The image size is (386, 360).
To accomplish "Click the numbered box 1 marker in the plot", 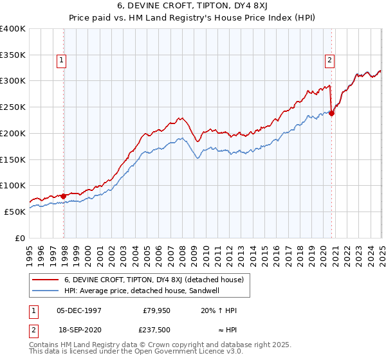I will [62, 61].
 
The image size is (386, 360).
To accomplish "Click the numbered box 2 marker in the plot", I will [329, 61].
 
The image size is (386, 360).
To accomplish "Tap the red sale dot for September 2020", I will [332, 114].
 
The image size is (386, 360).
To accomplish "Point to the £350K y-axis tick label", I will [13, 55].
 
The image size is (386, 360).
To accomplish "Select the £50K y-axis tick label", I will [15, 212].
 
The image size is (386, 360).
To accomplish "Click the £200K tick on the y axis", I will [13, 133].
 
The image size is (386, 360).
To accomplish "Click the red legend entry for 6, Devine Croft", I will [154, 280].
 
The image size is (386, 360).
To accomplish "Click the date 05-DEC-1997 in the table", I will [79, 310].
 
